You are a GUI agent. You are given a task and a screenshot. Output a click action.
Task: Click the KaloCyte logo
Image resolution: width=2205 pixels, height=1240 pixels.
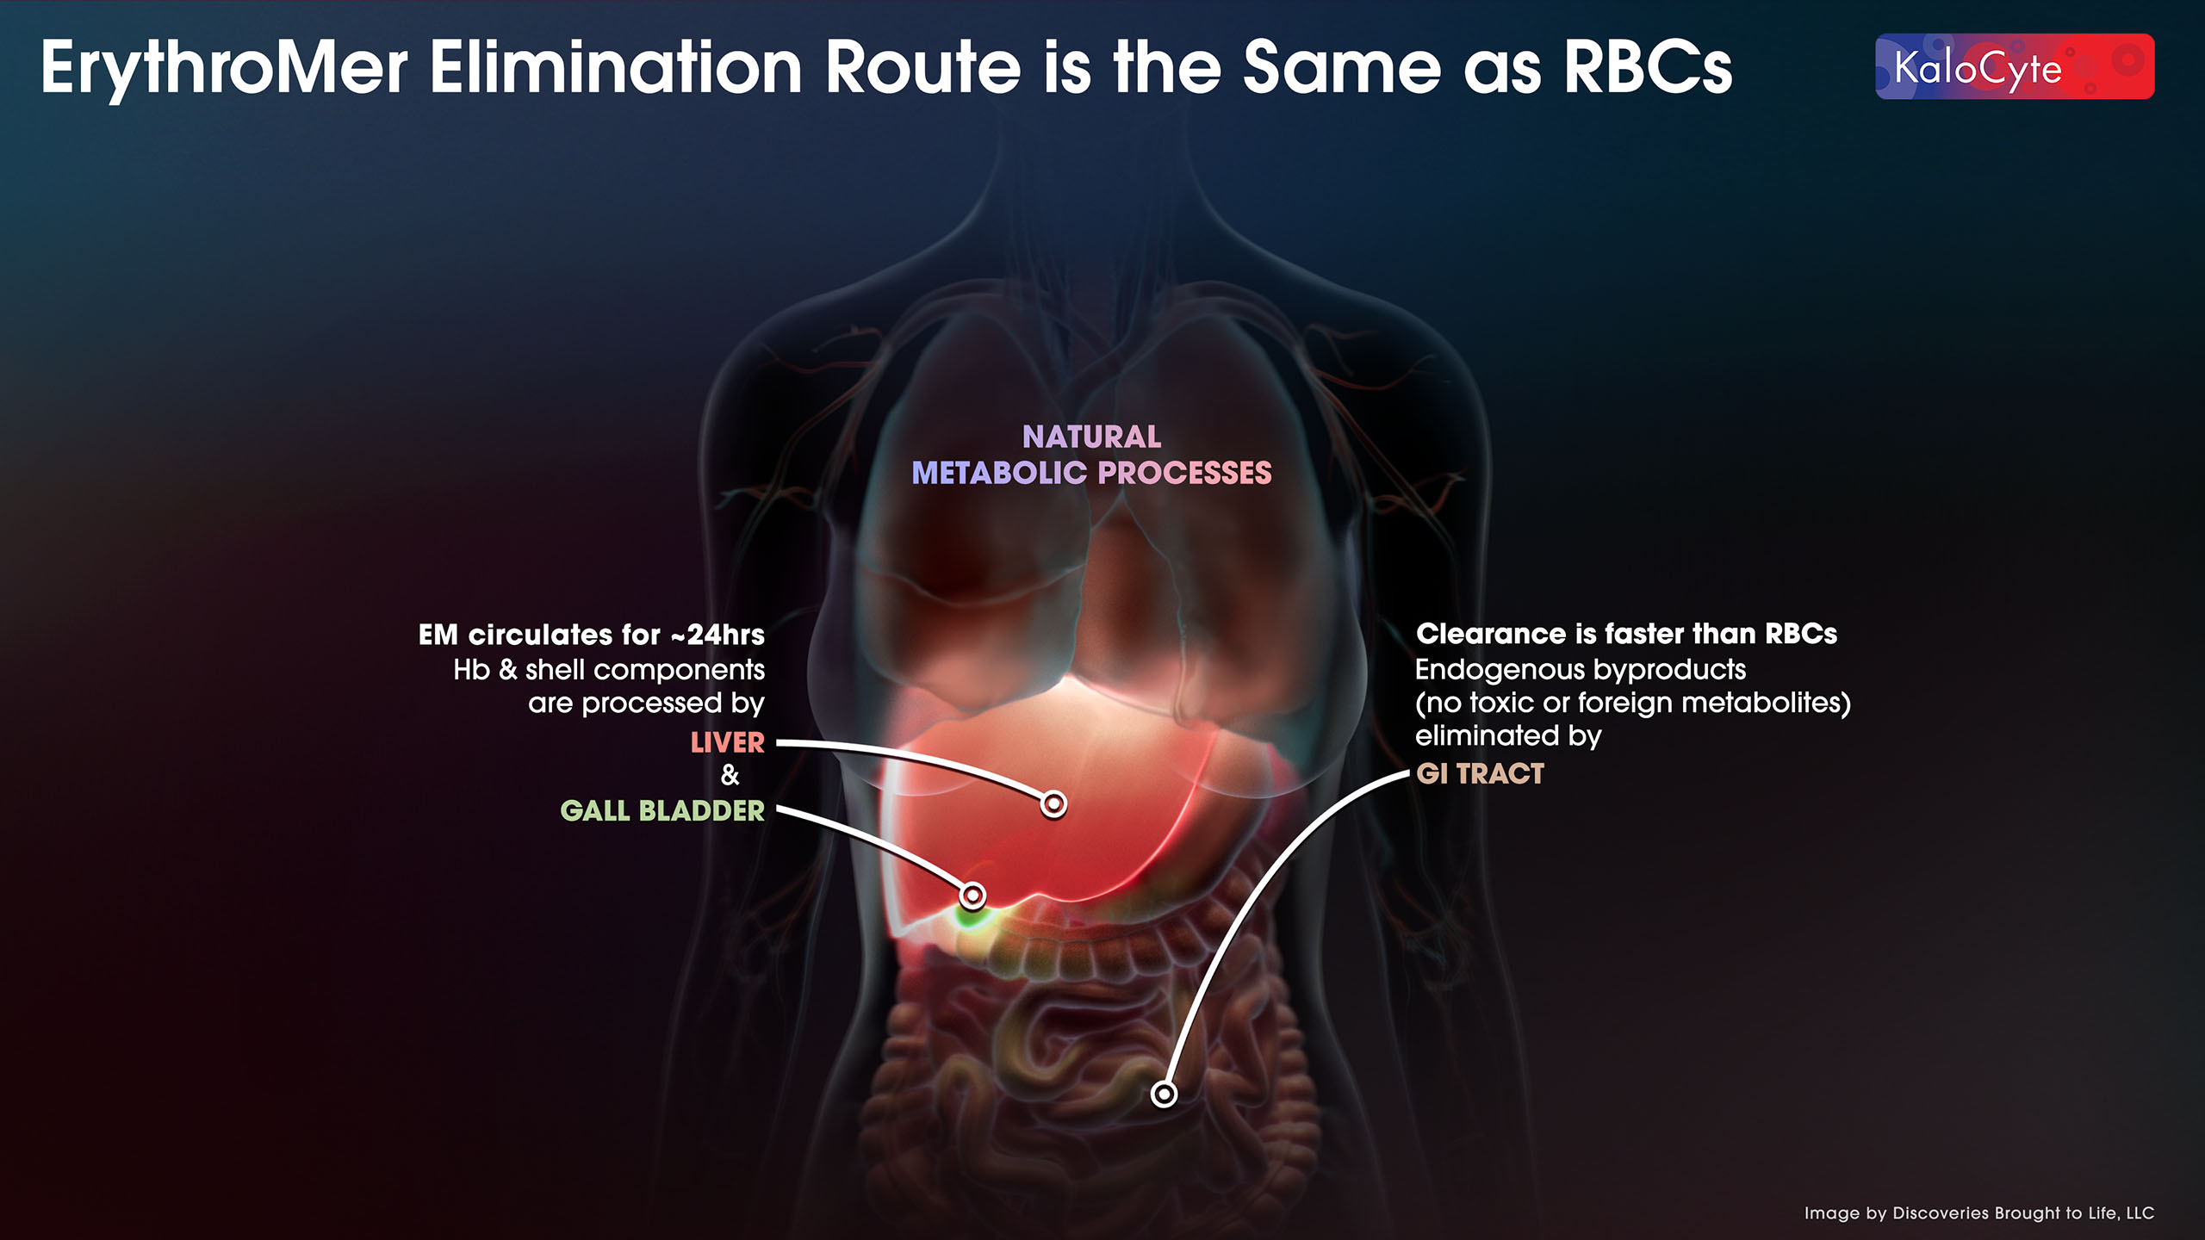tap(2014, 67)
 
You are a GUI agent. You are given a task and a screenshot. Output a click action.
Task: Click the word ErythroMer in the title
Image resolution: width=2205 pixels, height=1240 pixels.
tap(223, 69)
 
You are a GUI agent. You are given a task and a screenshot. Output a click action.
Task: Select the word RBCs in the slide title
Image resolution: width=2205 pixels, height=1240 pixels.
tap(1647, 69)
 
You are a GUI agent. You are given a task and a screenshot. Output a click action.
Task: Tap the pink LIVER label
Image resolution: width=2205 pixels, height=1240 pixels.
tap(727, 742)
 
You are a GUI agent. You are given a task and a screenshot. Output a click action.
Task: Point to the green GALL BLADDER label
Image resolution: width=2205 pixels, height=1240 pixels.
tap(661, 811)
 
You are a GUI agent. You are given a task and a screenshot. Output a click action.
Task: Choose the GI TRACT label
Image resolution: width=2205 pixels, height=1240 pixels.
tap(1480, 774)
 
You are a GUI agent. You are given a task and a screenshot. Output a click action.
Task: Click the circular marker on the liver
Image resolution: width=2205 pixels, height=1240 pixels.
tap(1053, 804)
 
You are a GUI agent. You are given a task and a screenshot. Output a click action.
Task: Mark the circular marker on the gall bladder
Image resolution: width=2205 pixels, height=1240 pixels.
tap(972, 896)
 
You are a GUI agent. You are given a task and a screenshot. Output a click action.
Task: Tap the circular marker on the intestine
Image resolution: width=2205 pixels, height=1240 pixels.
tap(1164, 1094)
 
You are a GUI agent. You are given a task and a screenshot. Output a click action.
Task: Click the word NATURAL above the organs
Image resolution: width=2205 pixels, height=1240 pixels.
tap(1091, 437)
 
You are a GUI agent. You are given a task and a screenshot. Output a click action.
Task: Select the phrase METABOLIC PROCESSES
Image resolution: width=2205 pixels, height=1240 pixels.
tap(1091, 474)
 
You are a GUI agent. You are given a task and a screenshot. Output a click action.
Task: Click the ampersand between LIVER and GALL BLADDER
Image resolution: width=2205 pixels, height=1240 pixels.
tap(730, 775)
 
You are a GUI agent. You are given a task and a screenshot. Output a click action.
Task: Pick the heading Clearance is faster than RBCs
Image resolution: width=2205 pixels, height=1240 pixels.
tap(1626, 634)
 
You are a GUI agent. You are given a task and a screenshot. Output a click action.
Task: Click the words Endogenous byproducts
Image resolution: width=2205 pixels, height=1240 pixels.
tap(1580, 669)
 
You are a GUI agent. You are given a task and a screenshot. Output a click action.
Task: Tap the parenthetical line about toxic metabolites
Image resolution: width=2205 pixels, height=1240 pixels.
tap(1632, 703)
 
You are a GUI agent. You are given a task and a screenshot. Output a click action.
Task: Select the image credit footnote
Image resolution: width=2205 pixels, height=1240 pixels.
tap(1978, 1213)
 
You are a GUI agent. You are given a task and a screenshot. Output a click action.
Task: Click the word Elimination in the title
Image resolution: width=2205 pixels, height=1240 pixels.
tap(616, 69)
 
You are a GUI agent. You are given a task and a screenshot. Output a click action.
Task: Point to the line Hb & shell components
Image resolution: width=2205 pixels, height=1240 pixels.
tap(609, 670)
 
